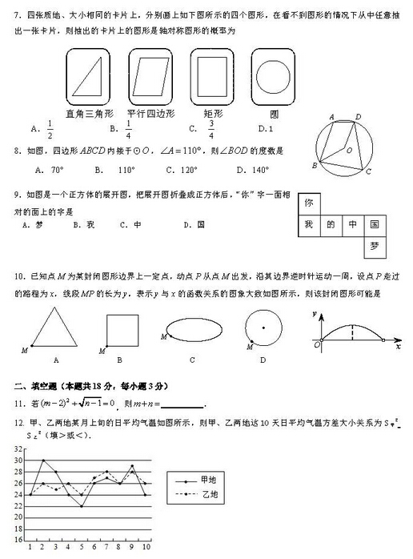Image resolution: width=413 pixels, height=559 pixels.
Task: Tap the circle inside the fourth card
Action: coord(274,78)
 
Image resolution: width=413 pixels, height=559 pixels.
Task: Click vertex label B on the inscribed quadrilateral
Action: coord(315,166)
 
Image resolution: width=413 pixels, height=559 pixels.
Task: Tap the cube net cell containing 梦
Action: coord(374,247)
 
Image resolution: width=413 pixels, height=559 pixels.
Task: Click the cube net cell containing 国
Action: coord(374,225)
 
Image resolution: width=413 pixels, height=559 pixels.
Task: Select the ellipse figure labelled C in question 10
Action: coord(192,330)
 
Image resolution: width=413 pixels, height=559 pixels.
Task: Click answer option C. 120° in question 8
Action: coord(182,169)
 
